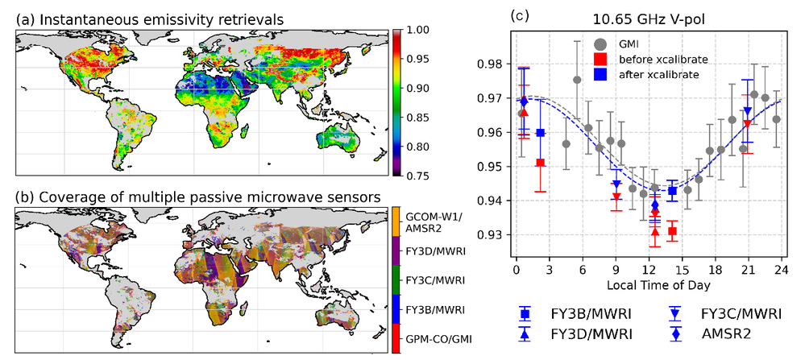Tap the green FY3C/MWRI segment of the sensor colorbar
(396, 280)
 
